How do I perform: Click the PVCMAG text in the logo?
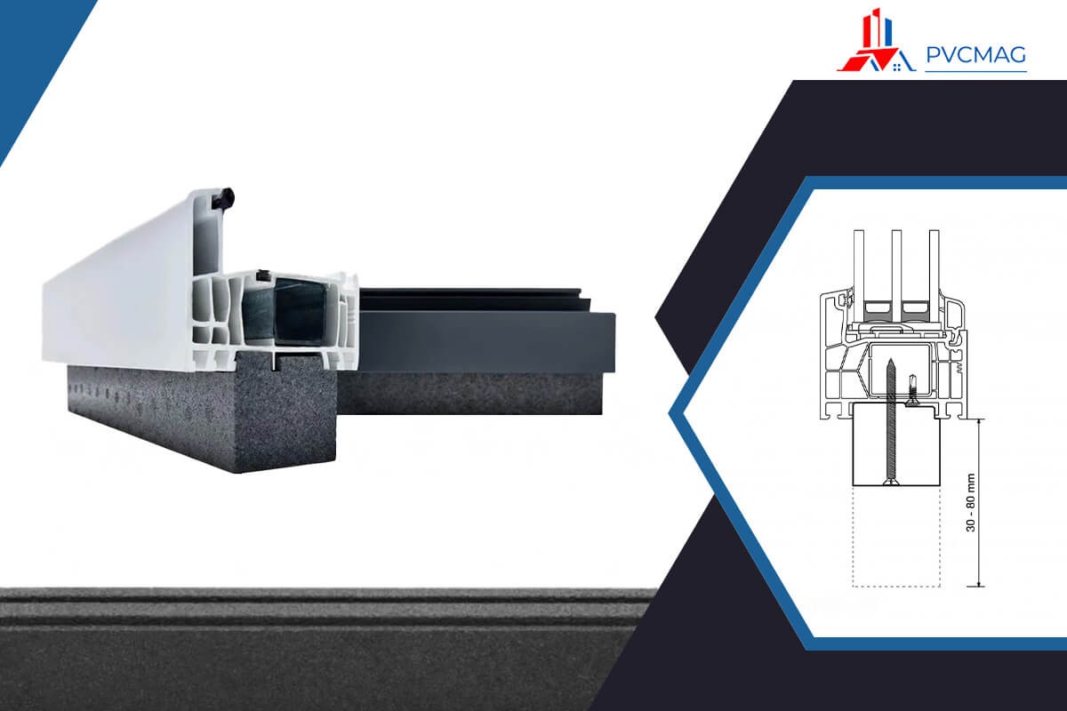point(976,55)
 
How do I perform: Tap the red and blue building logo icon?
point(876,40)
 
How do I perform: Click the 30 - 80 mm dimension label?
point(971,502)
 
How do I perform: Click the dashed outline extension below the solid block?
point(896,536)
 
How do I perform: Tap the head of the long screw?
point(889,483)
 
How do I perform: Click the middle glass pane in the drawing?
point(896,267)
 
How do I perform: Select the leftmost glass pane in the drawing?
point(859,267)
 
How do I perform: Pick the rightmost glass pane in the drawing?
point(934,267)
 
